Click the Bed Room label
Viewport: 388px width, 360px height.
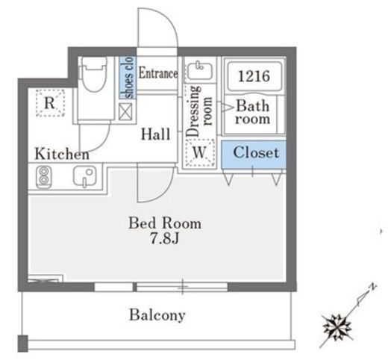165,223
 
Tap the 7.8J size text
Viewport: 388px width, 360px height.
164,238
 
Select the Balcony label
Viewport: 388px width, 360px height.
157,315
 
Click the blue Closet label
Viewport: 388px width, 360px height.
256,152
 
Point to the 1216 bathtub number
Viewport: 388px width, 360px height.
254,76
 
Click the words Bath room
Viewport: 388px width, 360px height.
253,112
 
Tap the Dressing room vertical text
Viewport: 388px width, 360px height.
199,111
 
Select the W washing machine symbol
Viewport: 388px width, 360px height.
200,152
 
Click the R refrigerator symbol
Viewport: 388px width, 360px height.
50,103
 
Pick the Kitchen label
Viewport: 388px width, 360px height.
62,154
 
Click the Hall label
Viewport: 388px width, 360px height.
156,134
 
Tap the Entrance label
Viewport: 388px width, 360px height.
158,73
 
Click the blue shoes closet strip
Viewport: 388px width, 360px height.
128,78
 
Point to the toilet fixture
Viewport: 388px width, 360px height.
93,75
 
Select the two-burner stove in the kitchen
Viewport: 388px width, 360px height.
44,177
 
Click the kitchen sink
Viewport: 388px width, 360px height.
84,177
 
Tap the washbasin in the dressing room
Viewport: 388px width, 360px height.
200,70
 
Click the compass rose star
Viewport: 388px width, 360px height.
337,328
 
